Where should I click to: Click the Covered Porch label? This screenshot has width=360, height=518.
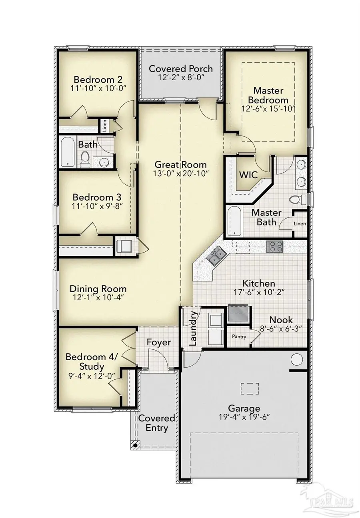[x=181, y=68]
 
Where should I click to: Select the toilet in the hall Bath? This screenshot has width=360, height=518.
[x=85, y=159]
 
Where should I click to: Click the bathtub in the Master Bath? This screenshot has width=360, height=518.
[x=234, y=221]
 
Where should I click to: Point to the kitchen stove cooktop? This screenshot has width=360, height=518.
[x=274, y=246]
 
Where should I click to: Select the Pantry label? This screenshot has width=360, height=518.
[x=240, y=337]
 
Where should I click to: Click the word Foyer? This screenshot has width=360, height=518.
[x=159, y=343]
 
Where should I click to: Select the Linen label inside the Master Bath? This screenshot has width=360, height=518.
[x=300, y=224]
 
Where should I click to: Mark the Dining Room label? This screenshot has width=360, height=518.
[x=98, y=289]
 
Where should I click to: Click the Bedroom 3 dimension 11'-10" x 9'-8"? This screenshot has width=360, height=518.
[x=97, y=207]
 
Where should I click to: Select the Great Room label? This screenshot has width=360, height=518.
[x=181, y=164]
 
